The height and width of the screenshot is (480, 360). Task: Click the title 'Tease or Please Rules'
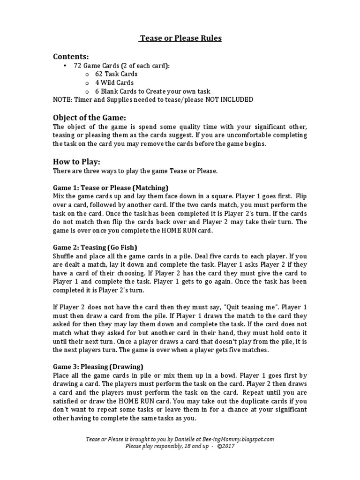(x=180, y=38)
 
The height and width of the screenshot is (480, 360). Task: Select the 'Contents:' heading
(x=71, y=57)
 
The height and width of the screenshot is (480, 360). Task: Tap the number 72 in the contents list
(x=78, y=66)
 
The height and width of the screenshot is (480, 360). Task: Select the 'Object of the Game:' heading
(x=90, y=117)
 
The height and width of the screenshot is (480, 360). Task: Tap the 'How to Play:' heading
(x=76, y=162)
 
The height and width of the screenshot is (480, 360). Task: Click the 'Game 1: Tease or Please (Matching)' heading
(x=111, y=187)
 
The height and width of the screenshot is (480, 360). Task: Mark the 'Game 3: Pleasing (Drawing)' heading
(x=98, y=367)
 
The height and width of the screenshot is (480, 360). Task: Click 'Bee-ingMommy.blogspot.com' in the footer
(x=238, y=439)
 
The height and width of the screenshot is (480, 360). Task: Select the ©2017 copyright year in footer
(x=226, y=446)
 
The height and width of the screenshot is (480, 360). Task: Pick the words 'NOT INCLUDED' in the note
(x=230, y=100)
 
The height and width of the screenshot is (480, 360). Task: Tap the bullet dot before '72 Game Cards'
(x=64, y=66)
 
